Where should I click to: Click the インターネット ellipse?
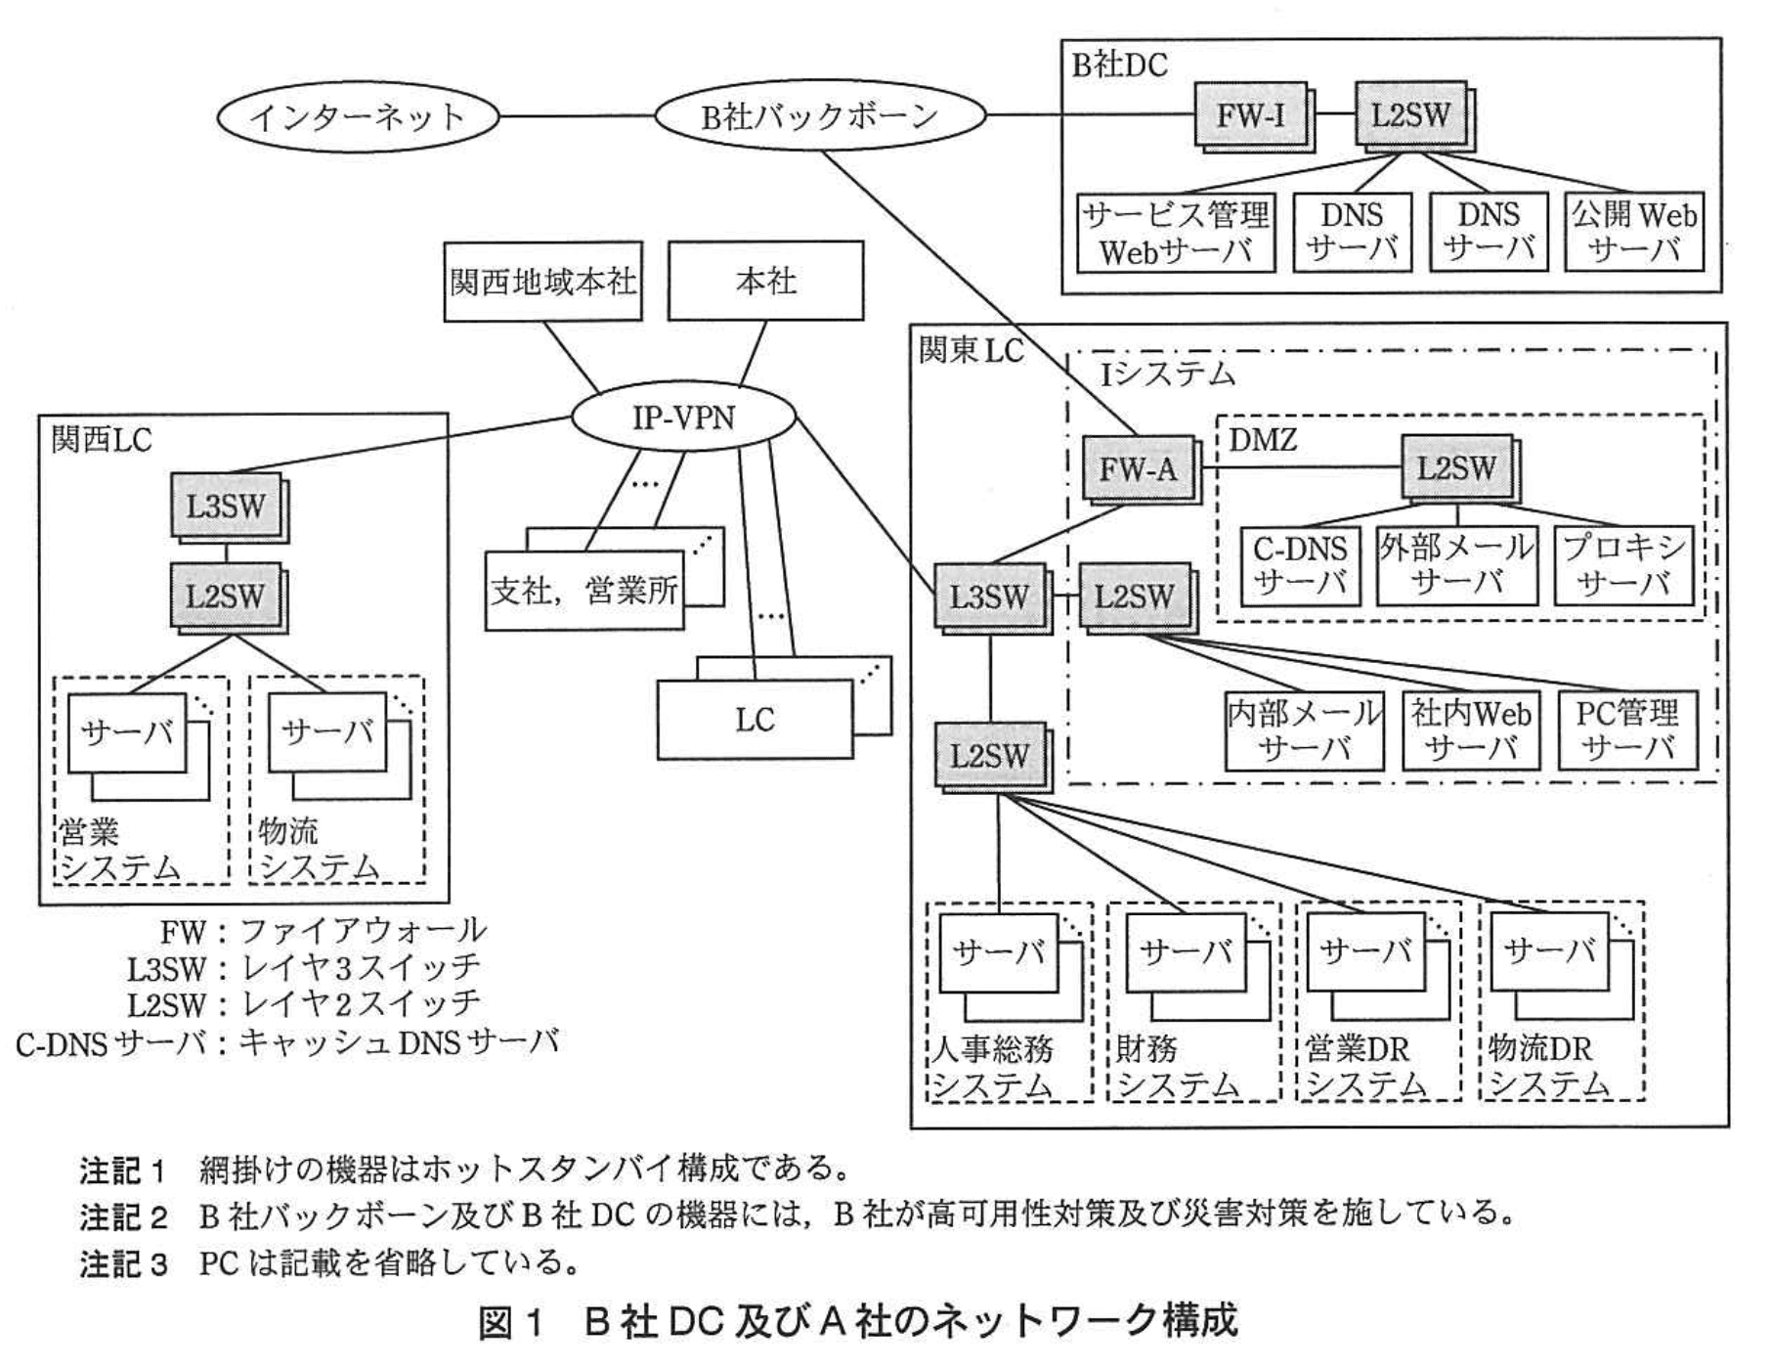tap(358, 117)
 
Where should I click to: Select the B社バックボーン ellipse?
tap(819, 116)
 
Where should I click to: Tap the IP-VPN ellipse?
tap(683, 419)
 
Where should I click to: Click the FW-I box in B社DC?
tap(1250, 115)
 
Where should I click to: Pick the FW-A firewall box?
tap(1138, 468)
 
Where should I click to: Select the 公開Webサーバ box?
tap(1633, 232)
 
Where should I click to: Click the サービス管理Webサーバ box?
tap(1176, 233)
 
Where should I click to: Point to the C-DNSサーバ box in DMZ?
tap(1300, 565)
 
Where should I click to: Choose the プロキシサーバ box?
tap(1623, 565)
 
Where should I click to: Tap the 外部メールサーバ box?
tap(1456, 565)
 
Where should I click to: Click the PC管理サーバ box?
tap(1626, 730)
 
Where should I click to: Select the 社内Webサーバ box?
tap(1470, 730)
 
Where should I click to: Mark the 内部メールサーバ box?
tap(1305, 730)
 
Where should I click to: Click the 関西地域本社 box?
tap(542, 282)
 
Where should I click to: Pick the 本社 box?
tap(765, 282)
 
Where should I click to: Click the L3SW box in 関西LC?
tap(226, 506)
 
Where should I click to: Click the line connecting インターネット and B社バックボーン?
tap(577, 116)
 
